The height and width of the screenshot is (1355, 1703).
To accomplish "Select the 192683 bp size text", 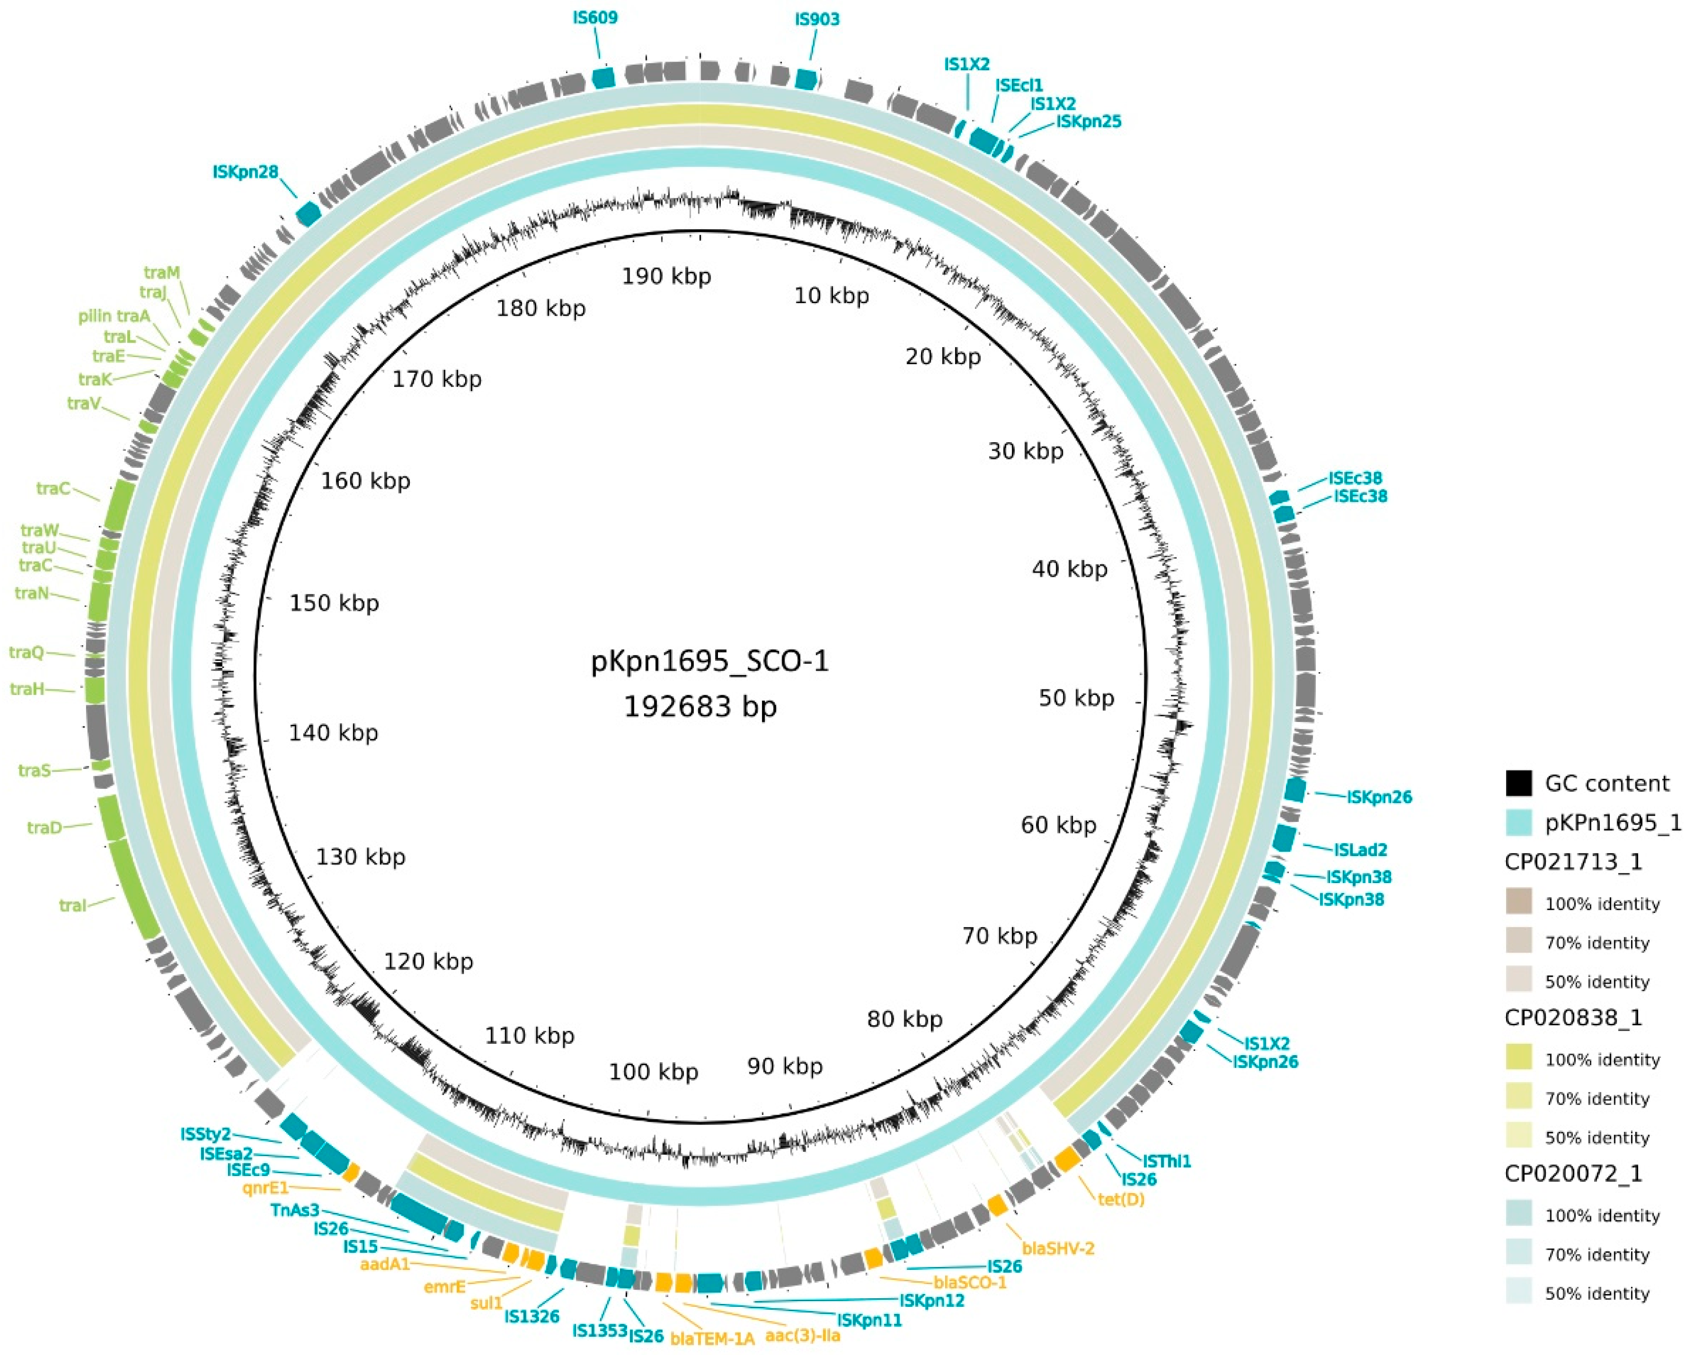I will click(700, 706).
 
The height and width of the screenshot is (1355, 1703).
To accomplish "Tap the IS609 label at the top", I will click(596, 18).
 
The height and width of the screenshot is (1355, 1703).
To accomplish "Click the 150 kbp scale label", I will click(334, 603).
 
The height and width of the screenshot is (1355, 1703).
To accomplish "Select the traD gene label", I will click(44, 827).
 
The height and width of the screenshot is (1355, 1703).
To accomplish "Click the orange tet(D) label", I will click(1121, 1199).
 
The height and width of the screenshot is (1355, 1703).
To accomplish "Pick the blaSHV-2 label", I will click(1058, 1249).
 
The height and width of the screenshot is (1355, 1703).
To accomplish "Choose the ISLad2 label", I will click(1360, 850).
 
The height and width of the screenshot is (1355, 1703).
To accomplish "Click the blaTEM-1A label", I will click(713, 1338).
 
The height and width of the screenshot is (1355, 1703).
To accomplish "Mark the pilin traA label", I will click(114, 316).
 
